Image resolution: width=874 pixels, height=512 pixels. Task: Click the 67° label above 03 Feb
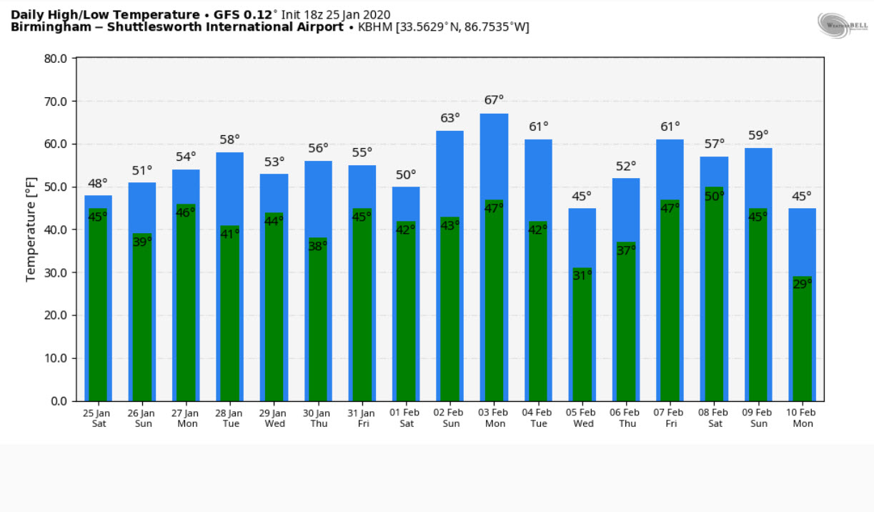[x=494, y=100]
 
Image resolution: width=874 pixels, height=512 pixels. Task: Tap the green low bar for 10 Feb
[x=803, y=343]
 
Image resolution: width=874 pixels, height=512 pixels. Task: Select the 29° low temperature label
[x=803, y=284]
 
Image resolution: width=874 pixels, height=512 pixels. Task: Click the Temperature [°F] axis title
[x=31, y=230]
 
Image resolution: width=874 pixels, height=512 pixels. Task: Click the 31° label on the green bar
[x=582, y=275]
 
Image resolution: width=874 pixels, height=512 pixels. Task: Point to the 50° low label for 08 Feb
[x=715, y=196]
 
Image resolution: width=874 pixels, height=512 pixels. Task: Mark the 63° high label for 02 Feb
[x=450, y=117]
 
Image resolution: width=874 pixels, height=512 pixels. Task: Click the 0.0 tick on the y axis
[x=58, y=401]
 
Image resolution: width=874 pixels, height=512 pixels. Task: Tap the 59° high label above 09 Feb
[x=758, y=134]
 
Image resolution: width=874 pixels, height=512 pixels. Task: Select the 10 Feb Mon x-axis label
[x=803, y=418]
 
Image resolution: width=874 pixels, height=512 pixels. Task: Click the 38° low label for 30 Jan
[x=318, y=246]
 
